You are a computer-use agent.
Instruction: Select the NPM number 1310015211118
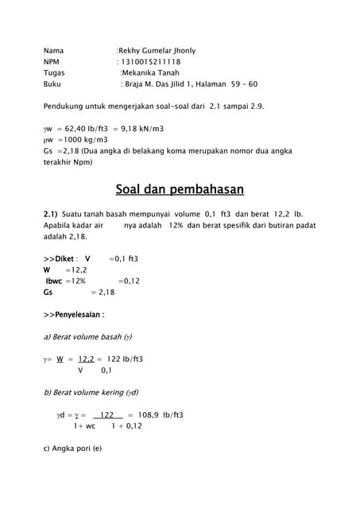150,62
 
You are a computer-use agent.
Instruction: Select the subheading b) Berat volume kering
91,393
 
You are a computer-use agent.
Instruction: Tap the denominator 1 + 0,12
126,426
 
